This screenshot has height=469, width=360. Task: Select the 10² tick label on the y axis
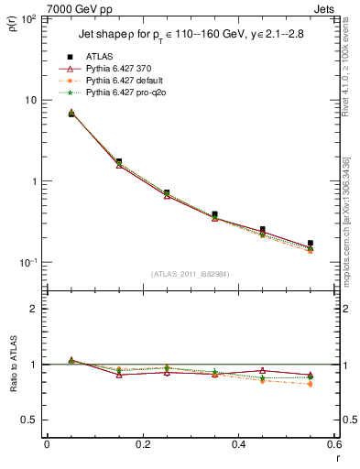tap(29, 19)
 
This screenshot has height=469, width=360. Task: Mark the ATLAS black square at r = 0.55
tap(311, 243)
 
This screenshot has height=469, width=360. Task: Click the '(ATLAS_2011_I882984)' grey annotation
tap(190, 274)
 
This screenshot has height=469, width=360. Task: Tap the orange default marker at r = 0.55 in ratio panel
tap(311, 384)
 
